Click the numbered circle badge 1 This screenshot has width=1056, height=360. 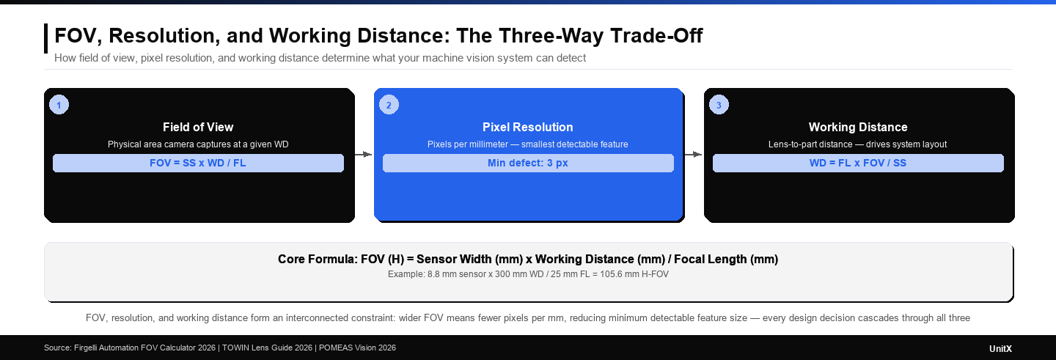[59, 105]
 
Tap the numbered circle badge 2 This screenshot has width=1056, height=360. [389, 105]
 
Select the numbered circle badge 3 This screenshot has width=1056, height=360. [719, 105]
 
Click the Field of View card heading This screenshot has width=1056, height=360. [198, 127]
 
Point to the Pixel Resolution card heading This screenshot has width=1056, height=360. [528, 127]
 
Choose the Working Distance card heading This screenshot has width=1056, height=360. [858, 127]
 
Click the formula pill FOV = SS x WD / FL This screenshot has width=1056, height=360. [198, 163]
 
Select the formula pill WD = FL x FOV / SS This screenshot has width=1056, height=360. [858, 163]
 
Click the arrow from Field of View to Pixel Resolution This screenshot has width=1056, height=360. [364, 155]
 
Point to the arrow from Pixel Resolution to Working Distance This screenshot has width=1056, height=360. [694, 155]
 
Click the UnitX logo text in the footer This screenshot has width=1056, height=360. [1000, 348]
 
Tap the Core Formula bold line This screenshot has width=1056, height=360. [528, 259]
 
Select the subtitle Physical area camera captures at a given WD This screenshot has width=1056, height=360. [198, 144]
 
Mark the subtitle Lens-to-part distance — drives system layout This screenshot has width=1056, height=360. [858, 144]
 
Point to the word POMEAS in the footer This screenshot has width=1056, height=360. [336, 348]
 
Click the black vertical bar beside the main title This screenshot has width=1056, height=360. [46, 38]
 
